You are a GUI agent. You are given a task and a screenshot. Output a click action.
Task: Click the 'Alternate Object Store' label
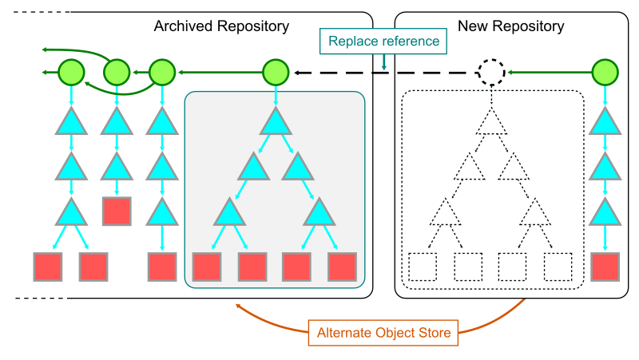(384, 332)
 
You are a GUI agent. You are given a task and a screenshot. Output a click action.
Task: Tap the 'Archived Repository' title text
(221, 26)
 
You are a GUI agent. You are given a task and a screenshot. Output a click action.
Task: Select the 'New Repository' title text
(511, 26)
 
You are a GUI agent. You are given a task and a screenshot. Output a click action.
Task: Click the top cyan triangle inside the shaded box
(276, 122)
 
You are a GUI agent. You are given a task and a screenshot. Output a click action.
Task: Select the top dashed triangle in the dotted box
(491, 122)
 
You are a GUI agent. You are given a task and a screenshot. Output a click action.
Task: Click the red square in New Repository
(605, 267)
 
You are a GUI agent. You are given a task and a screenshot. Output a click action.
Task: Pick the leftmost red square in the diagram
(48, 267)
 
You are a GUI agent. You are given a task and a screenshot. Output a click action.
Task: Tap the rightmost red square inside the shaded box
(343, 267)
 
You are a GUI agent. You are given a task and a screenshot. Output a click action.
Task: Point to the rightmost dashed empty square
(558, 267)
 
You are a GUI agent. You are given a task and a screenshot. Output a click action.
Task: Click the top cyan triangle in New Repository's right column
(605, 122)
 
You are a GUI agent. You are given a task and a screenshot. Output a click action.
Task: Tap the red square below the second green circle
(117, 212)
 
